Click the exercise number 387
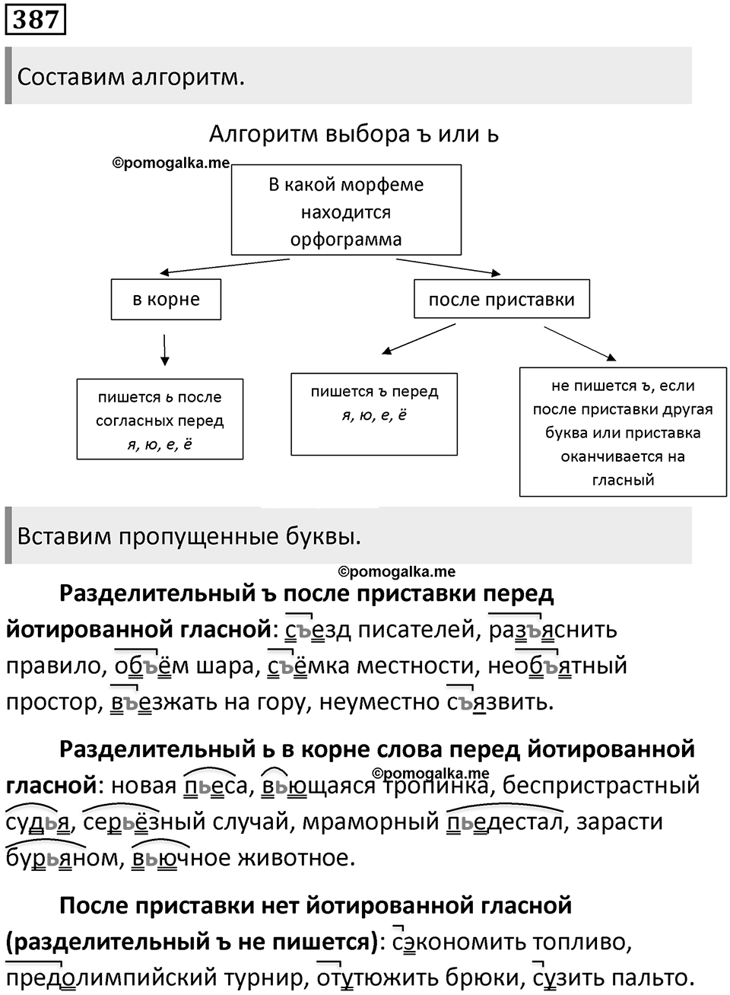click(35, 20)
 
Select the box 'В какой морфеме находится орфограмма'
click(346, 210)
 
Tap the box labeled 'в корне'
click(166, 299)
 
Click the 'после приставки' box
click(502, 298)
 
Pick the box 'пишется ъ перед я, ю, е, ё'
click(374, 414)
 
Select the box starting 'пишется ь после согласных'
click(160, 419)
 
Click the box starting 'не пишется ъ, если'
click(623, 431)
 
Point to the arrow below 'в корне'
click(165, 350)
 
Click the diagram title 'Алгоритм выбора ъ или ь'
click(354, 134)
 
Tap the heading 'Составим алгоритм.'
click(131, 78)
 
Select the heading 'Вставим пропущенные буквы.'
click(189, 536)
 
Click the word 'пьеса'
click(215, 785)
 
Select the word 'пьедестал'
click(504, 822)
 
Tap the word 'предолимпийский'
click(110, 978)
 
